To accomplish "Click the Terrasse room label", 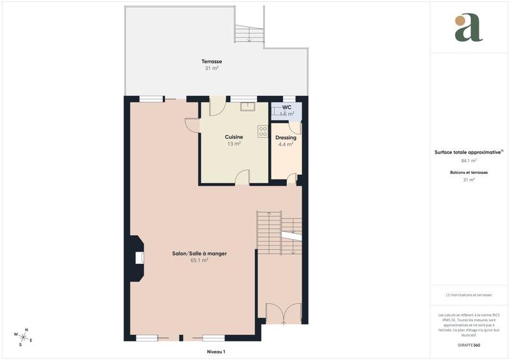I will (x=212, y=61).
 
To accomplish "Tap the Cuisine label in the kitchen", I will (x=234, y=137).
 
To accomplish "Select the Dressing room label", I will (x=286, y=138).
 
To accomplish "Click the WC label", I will (x=287, y=107).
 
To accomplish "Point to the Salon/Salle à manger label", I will (x=200, y=254).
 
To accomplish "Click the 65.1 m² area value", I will (x=200, y=260).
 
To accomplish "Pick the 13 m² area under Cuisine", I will (x=234, y=144).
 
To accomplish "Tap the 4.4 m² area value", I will (x=286, y=145).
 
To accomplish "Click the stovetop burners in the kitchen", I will (x=263, y=131).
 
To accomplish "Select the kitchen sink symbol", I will (x=247, y=106).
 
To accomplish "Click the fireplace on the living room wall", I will (x=138, y=258).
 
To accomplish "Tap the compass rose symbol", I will (x=24, y=336).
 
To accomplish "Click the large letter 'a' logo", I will (x=469, y=28).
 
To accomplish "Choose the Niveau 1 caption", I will (x=217, y=351).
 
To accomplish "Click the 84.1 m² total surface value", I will (x=469, y=161).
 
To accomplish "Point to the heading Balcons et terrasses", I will (x=469, y=173).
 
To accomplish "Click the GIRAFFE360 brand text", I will (x=469, y=345).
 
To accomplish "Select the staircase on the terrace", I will (x=248, y=33).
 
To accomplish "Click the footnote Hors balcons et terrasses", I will (x=469, y=295).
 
